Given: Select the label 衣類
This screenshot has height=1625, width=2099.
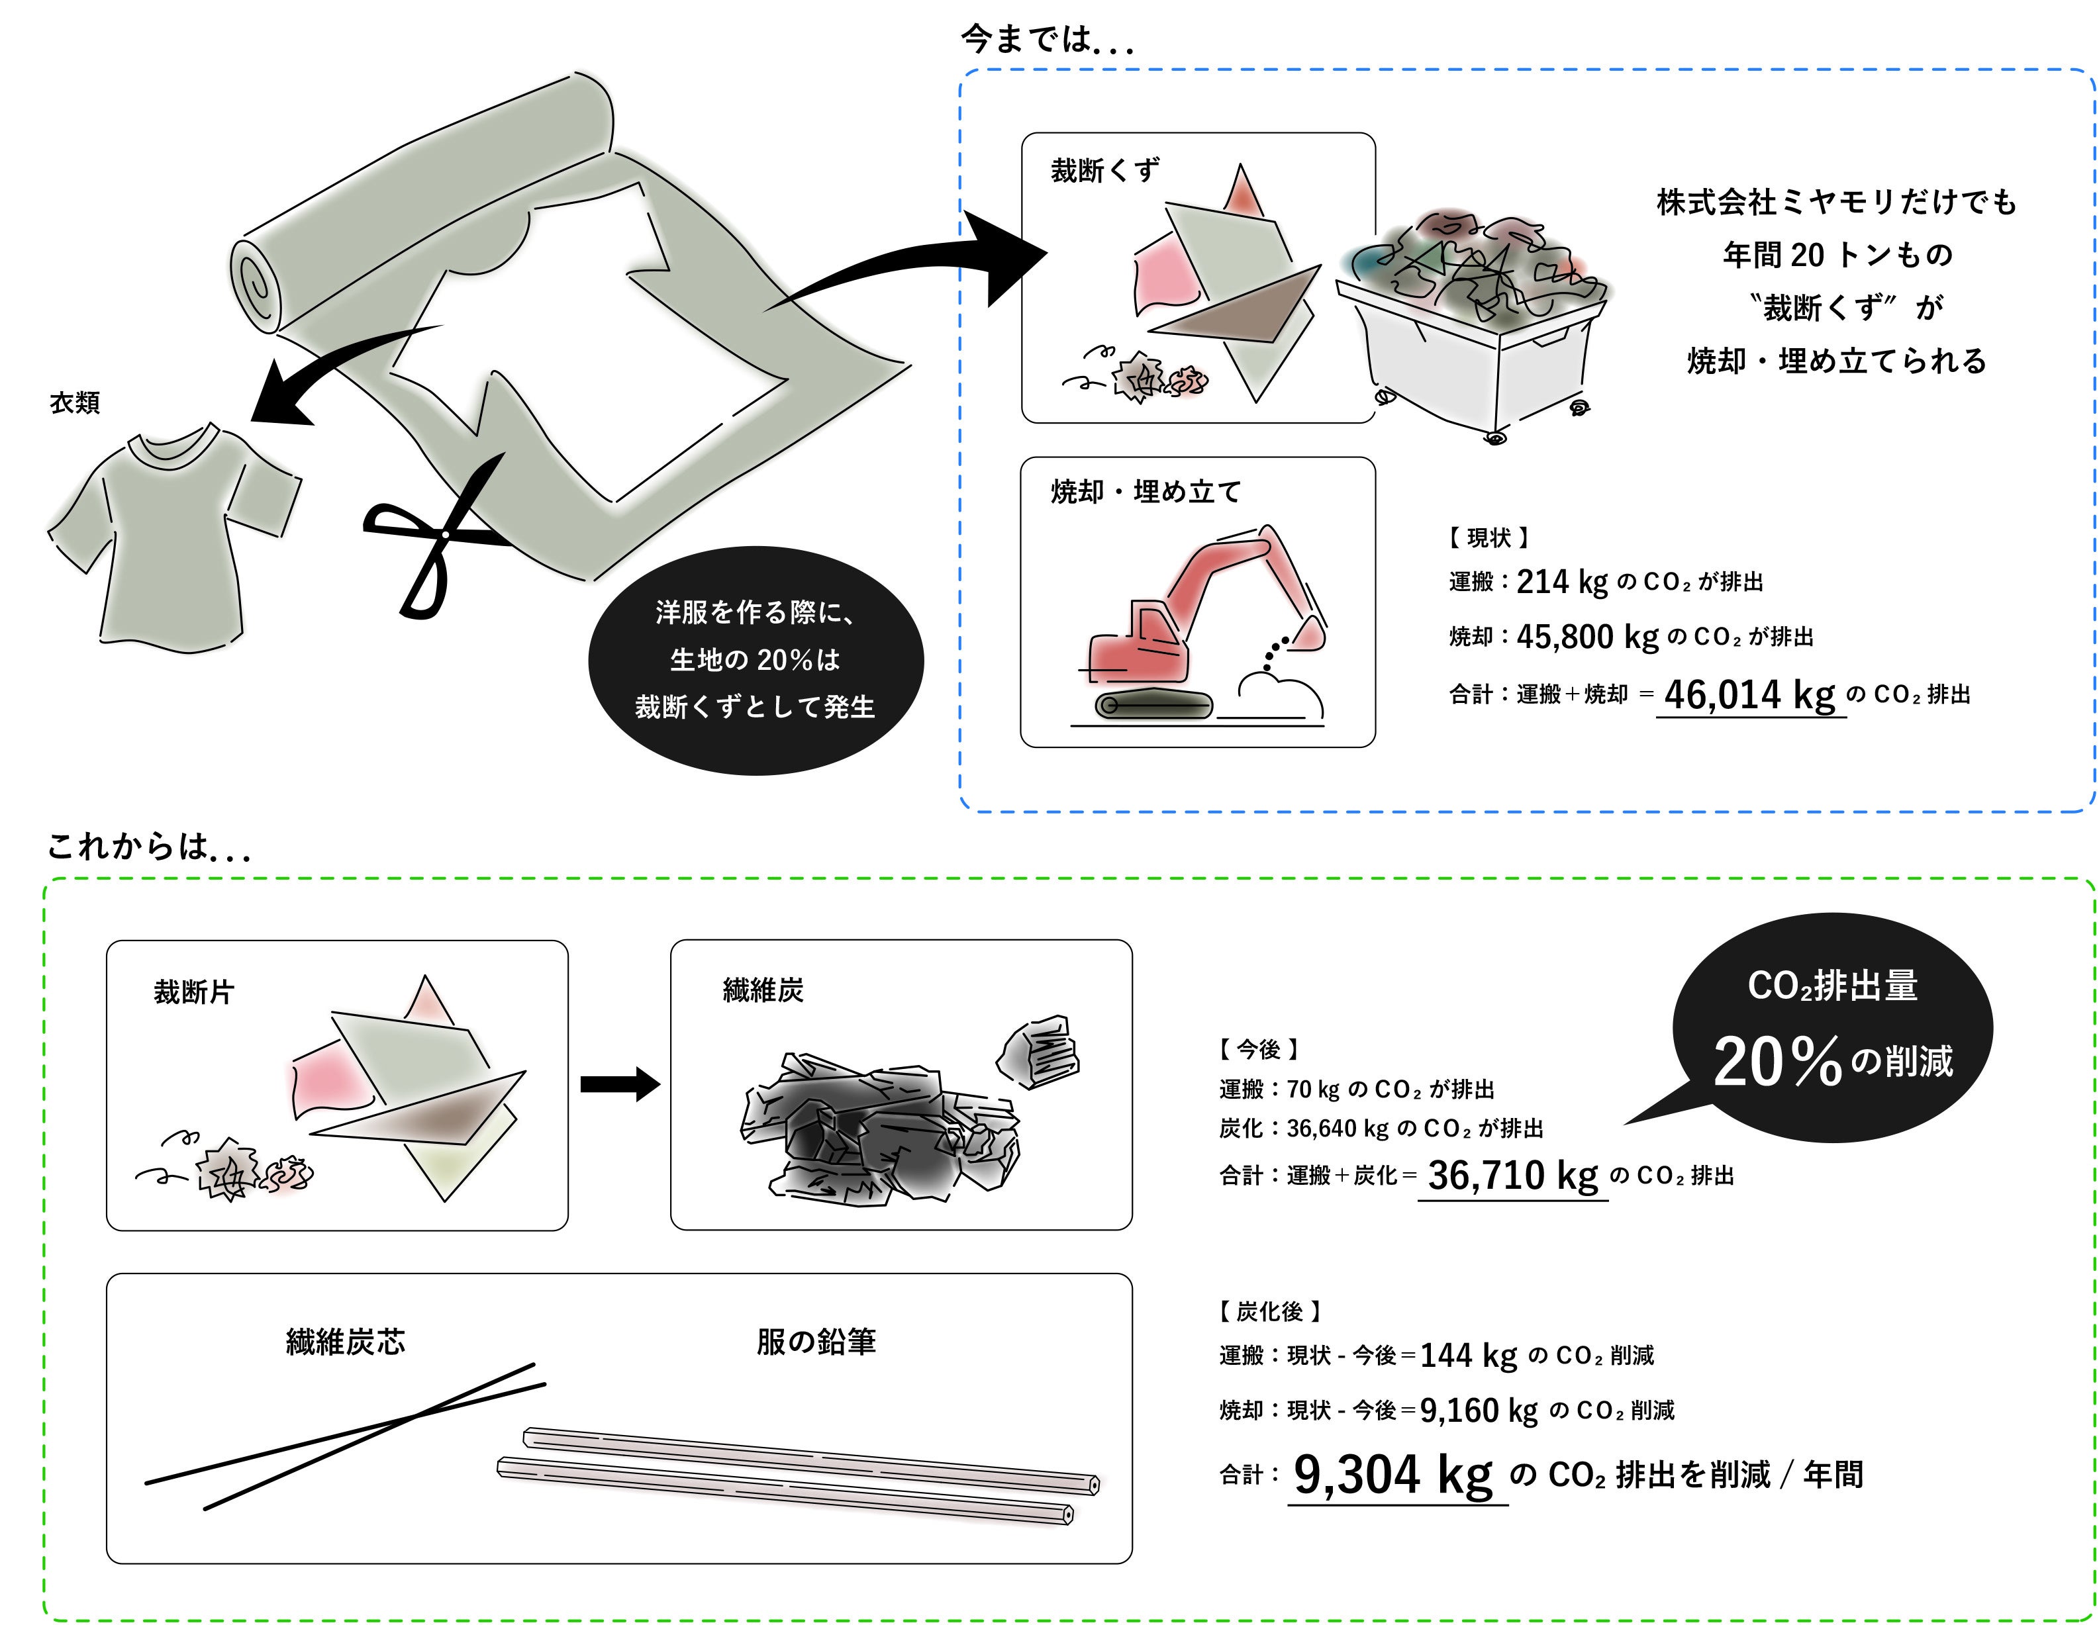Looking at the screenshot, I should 75,402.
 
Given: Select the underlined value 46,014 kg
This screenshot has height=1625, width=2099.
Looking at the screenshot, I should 1749,695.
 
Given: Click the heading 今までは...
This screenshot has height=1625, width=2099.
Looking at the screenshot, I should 1046,40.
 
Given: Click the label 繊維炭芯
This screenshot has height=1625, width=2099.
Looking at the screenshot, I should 346,1342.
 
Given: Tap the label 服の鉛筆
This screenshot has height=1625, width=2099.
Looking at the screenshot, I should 816,1342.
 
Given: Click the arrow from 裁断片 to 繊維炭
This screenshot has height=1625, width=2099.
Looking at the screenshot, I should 620,1085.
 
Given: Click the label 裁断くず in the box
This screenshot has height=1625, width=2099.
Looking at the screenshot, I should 1105,171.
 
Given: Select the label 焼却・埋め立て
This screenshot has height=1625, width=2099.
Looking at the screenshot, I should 1146,492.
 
